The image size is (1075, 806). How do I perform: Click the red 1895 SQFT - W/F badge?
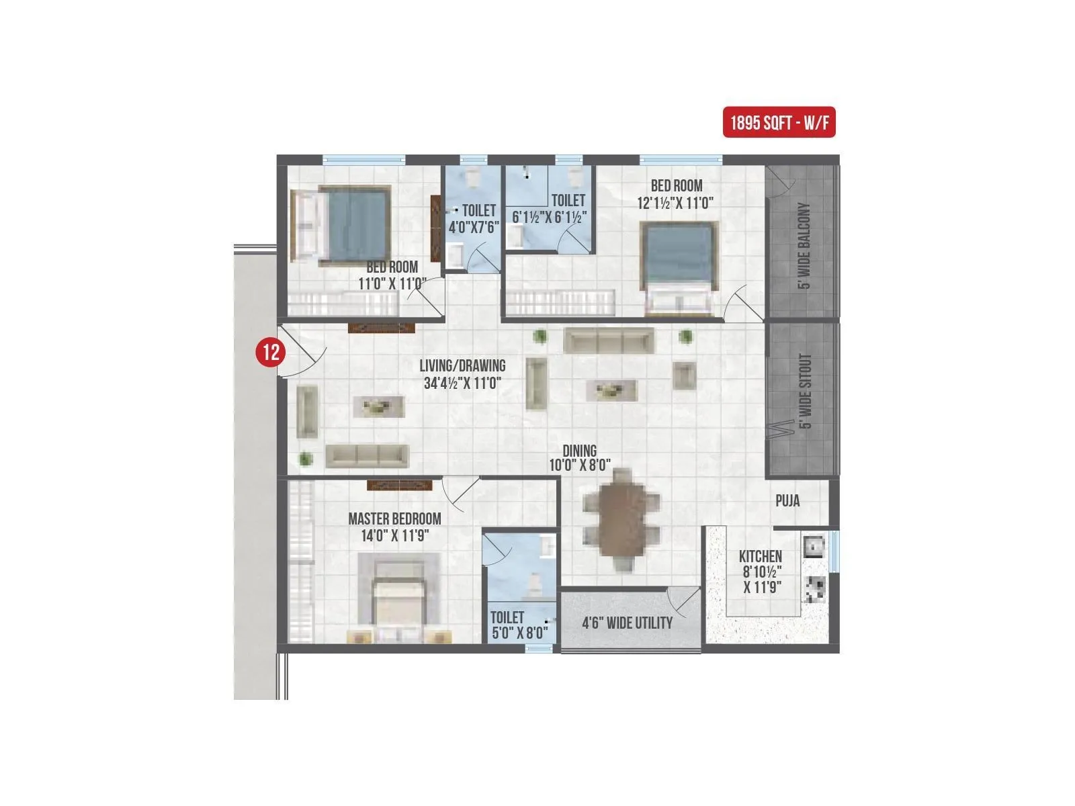point(779,123)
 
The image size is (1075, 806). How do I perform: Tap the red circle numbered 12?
point(271,351)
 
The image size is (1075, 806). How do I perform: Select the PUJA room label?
point(787,501)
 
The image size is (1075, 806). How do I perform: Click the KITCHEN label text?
point(761,556)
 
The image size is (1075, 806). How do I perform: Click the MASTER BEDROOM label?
point(394,519)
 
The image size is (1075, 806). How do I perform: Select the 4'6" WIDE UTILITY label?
point(627,623)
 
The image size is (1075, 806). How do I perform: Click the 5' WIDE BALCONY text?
point(804,245)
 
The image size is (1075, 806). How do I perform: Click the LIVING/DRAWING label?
point(462,366)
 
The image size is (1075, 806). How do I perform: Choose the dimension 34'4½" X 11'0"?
point(463,384)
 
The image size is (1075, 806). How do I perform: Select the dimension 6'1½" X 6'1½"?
point(550,217)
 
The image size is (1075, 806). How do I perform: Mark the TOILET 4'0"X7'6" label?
point(474,219)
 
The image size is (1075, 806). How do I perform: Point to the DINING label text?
point(579,451)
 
